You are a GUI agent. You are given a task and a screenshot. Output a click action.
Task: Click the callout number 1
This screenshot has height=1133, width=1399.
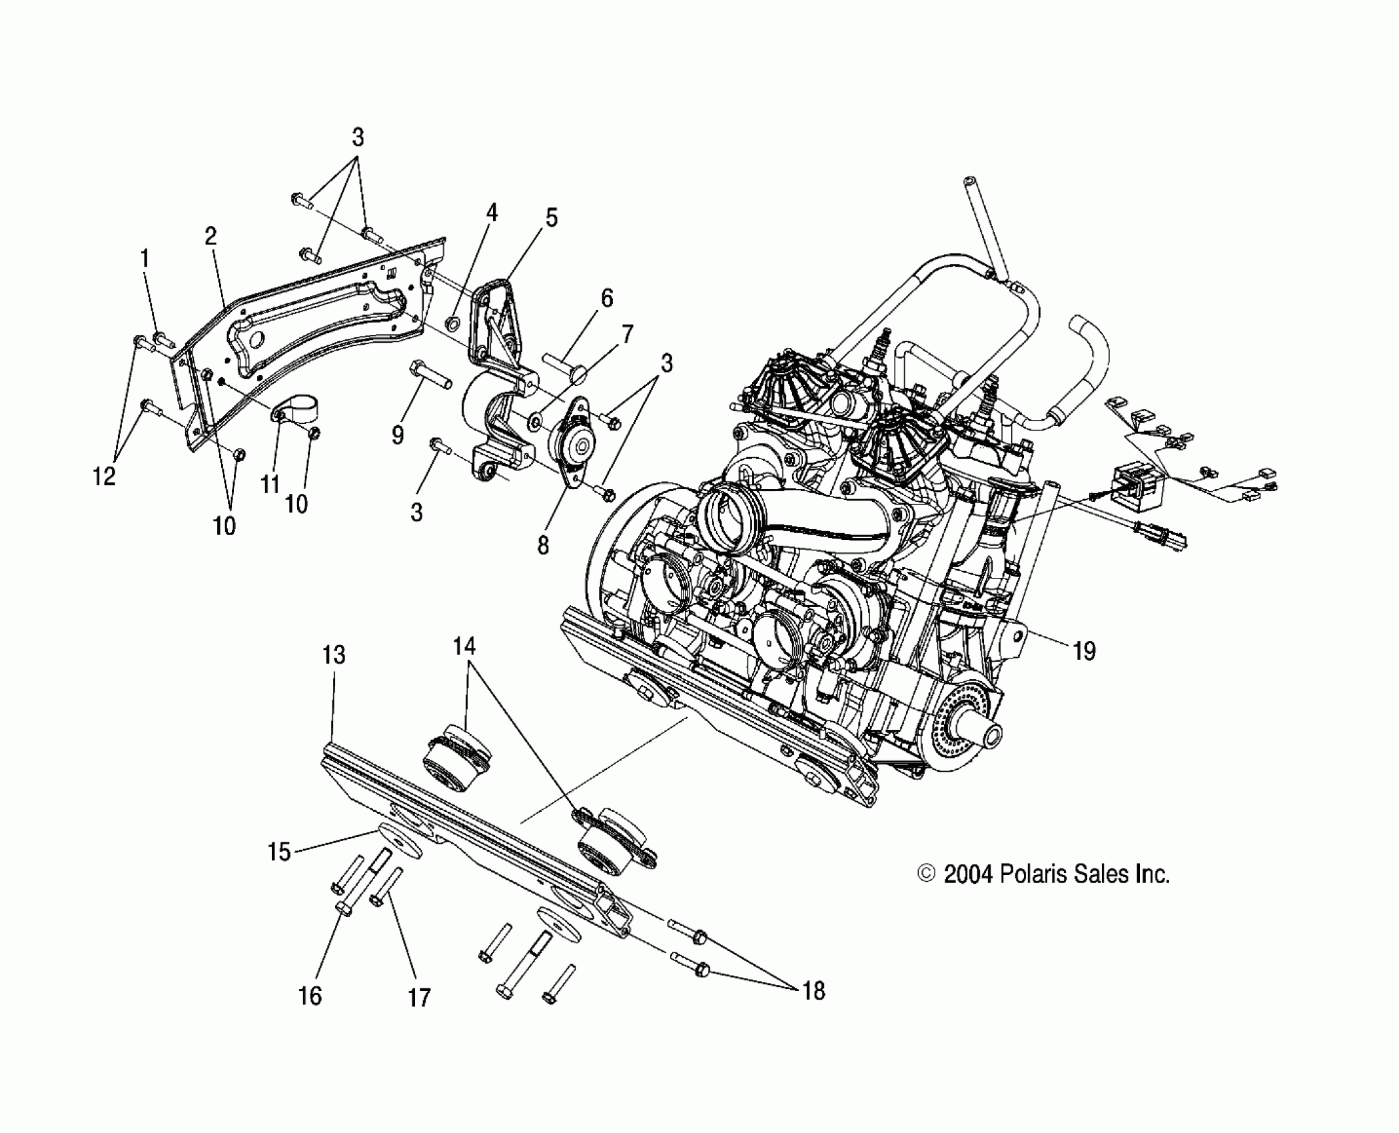tap(145, 259)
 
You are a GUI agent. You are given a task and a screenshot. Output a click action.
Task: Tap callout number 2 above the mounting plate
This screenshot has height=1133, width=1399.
tap(211, 236)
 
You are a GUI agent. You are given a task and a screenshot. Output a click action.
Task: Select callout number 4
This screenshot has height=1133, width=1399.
tap(492, 213)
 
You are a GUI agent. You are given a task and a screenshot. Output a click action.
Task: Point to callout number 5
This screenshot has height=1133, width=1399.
tap(551, 218)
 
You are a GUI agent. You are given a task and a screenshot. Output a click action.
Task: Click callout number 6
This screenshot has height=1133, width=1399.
tap(606, 298)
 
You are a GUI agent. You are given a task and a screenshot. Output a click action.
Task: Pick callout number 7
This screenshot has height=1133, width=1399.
tap(627, 333)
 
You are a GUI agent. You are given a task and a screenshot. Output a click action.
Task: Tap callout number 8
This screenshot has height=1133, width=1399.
tap(543, 545)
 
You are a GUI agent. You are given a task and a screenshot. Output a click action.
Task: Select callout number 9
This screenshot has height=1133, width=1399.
tap(398, 435)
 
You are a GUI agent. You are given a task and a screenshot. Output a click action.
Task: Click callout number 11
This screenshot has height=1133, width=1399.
tap(270, 485)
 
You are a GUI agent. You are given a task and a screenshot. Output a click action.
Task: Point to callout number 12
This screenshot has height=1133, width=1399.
tap(104, 476)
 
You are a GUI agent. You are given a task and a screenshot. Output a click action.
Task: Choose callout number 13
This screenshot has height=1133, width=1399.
tap(334, 655)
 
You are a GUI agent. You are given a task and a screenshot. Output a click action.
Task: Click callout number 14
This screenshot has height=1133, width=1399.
tap(464, 645)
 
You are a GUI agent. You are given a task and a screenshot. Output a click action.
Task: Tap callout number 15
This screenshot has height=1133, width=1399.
tap(279, 852)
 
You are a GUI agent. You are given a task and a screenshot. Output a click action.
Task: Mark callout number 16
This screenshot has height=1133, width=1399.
tap(310, 996)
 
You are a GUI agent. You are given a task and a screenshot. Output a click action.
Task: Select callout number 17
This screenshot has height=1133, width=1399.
tap(419, 998)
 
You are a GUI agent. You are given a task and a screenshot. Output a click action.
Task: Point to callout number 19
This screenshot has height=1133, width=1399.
tap(1085, 650)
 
